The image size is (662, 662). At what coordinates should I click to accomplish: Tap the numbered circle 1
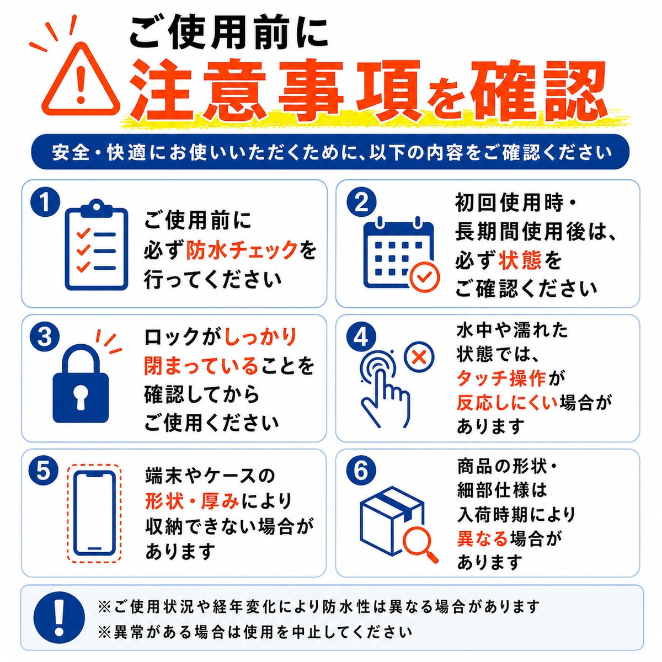(45, 203)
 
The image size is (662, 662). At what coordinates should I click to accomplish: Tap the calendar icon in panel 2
(398, 253)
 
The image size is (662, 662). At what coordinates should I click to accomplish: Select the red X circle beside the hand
(419, 358)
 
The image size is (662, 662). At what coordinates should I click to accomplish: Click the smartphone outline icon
(94, 514)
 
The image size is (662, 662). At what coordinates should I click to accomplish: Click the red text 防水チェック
(242, 250)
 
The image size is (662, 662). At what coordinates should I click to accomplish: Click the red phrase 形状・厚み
(192, 501)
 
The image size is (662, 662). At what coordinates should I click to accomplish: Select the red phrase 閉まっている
(201, 365)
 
